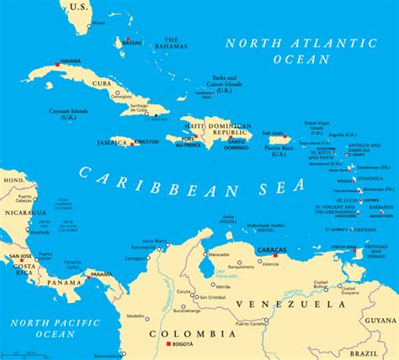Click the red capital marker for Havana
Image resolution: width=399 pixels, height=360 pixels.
point(57,64)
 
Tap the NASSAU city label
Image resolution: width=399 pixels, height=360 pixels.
point(133,41)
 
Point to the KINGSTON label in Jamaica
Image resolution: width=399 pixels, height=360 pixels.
point(147,142)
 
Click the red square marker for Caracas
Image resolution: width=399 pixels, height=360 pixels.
point(274,256)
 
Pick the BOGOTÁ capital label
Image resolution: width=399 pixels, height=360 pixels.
point(183,345)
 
